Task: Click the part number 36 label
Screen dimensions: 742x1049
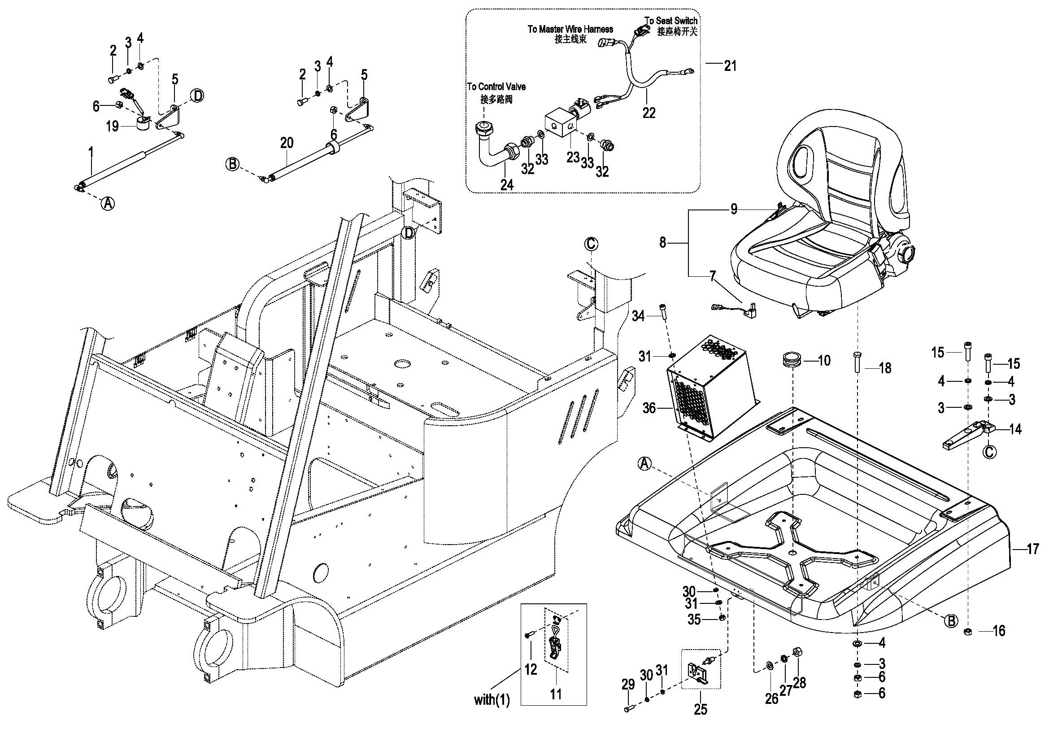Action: (x=649, y=408)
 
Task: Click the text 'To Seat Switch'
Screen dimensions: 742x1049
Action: (x=670, y=21)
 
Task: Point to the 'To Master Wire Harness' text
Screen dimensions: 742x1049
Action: (x=570, y=29)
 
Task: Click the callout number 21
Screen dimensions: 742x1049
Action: (x=730, y=66)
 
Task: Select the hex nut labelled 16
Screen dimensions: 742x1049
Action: (x=966, y=632)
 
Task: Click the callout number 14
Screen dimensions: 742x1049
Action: (x=1015, y=429)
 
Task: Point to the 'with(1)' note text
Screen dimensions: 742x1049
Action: (x=492, y=699)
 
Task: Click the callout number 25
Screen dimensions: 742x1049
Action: (x=701, y=709)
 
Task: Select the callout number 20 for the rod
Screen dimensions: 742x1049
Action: (x=287, y=143)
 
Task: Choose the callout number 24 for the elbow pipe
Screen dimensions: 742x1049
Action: (x=507, y=184)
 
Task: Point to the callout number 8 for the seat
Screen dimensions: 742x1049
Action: (x=662, y=243)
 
